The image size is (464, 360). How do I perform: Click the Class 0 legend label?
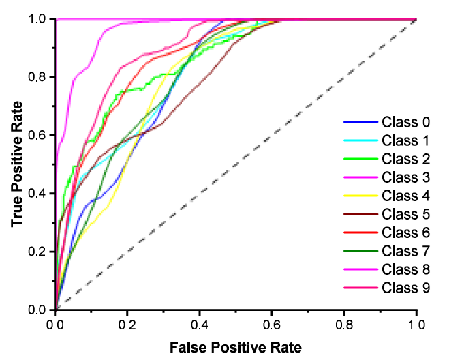(405, 123)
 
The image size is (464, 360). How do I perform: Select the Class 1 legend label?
(405, 141)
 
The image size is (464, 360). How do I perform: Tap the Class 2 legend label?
(405, 160)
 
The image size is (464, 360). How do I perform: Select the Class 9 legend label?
(405, 288)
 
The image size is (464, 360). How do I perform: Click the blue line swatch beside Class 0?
(360, 123)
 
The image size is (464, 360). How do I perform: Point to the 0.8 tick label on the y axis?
(40, 78)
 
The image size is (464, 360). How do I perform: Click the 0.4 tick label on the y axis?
(40, 194)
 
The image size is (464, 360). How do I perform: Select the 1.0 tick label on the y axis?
(40, 20)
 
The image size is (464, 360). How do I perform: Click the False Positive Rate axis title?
(235, 347)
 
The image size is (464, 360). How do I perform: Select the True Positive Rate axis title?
(16, 164)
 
